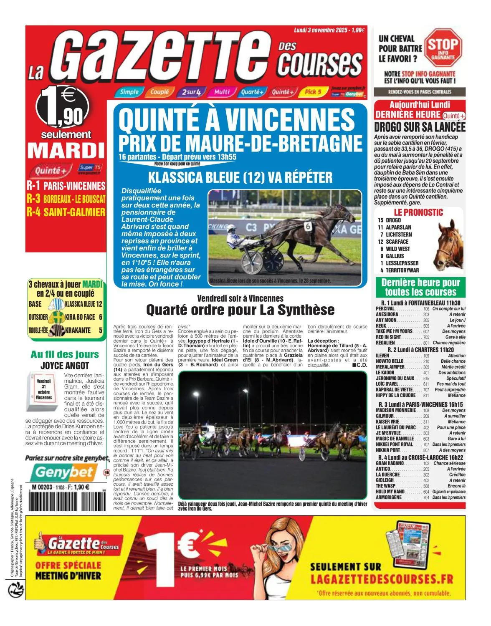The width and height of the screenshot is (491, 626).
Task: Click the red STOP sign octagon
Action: click(x=443, y=46)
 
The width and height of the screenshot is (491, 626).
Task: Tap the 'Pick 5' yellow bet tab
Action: click(x=313, y=92)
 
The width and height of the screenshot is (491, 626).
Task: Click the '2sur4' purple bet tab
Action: click(x=191, y=92)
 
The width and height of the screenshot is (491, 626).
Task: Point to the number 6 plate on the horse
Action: click(x=308, y=226)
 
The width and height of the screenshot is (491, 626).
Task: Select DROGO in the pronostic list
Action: click(x=393, y=220)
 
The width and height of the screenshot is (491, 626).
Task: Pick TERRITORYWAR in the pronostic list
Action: click(x=402, y=270)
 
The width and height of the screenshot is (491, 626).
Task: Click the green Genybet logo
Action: click(x=64, y=472)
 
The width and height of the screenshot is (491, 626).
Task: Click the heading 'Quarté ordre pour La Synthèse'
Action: click(x=240, y=310)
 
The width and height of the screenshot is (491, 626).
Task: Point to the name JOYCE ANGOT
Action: click(x=65, y=366)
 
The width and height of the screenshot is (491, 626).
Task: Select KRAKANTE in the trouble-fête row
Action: click(x=78, y=330)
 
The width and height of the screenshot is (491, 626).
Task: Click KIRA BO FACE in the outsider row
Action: click(x=80, y=317)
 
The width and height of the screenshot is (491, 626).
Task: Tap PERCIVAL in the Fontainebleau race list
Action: click(x=385, y=308)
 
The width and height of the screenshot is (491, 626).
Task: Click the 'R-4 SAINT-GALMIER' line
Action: click(x=66, y=212)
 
